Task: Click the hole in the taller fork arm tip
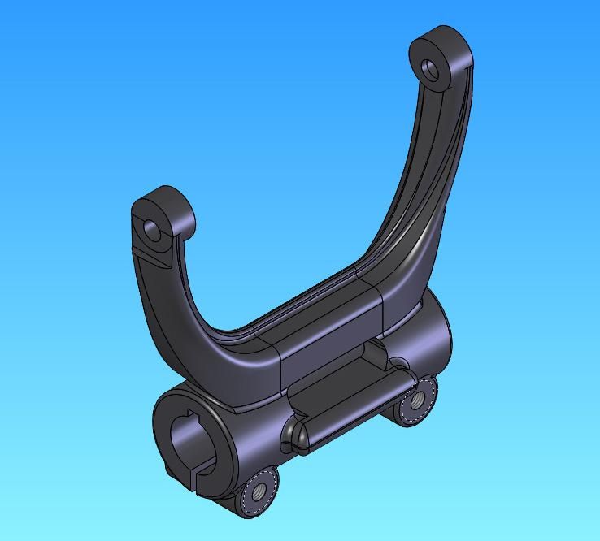point(430,70)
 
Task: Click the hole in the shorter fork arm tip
point(153,229)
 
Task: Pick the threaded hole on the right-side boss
point(416,400)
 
